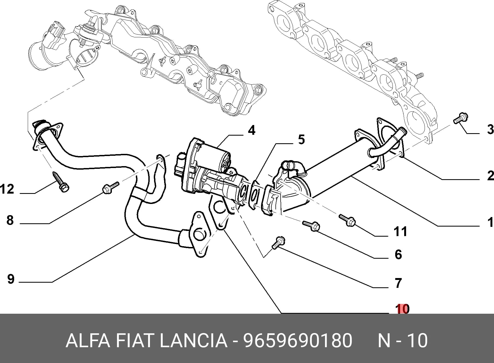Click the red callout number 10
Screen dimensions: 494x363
click(403, 309)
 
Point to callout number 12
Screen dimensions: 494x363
click(7, 189)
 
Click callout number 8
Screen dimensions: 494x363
click(10, 220)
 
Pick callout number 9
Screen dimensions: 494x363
click(11, 279)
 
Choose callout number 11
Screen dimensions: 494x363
click(400, 232)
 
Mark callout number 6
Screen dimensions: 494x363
click(398, 254)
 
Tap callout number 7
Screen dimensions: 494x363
click(398, 283)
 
